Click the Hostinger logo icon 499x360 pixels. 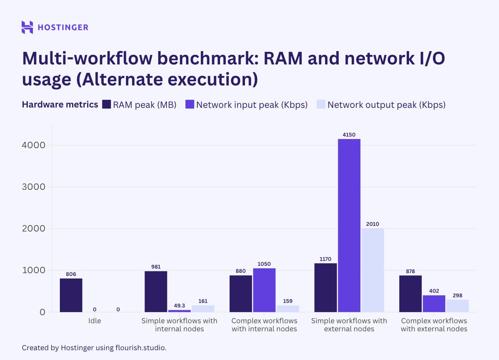click(27, 27)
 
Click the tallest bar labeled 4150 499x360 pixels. click(349, 225)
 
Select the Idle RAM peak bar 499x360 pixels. click(71, 295)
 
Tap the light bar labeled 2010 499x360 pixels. click(372, 270)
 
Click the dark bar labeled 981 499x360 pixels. click(156, 291)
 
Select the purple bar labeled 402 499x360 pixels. click(434, 303)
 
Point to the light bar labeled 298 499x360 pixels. click(457, 306)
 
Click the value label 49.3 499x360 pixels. click(179, 305)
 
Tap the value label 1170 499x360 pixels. click(325, 259)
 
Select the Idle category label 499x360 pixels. click(95, 321)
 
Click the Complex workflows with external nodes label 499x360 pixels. click(434, 325)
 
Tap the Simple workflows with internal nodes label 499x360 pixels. click(179, 325)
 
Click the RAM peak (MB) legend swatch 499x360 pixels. click(106, 105)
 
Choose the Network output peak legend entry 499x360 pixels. click(386, 105)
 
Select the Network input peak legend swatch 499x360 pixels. click(190, 105)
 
